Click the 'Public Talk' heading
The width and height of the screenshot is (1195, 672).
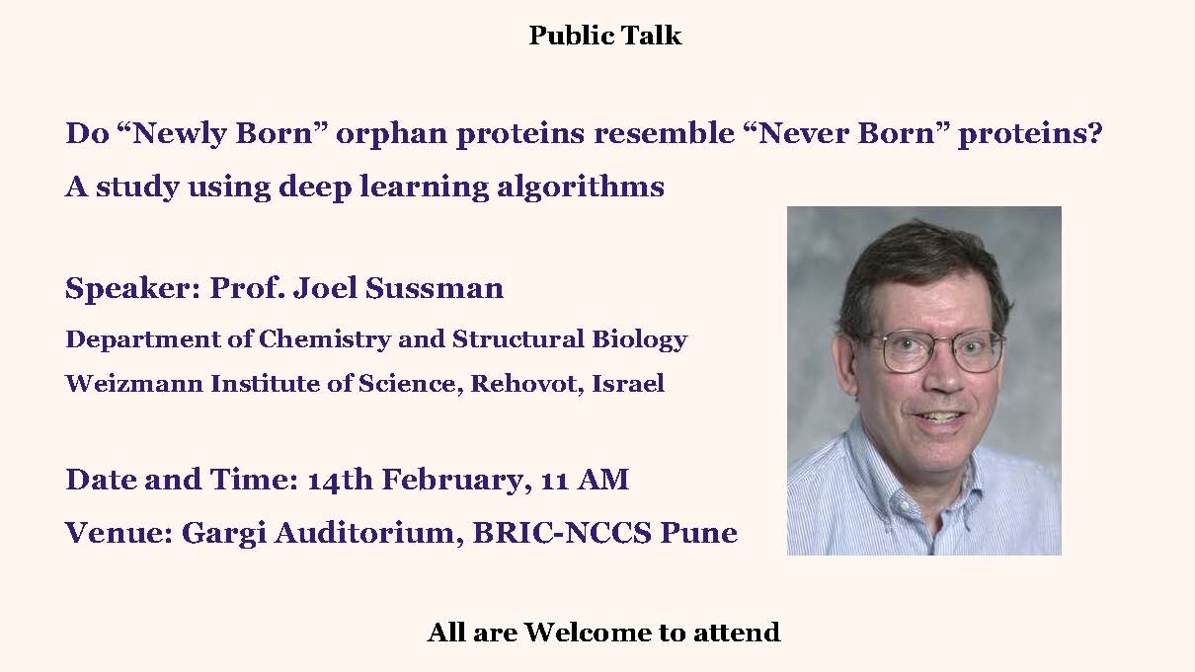605,36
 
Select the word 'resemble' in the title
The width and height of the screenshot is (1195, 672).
665,132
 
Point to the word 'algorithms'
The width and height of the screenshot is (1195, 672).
581,187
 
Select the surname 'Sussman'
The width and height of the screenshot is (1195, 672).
435,288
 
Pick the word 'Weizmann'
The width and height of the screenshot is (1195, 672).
134,384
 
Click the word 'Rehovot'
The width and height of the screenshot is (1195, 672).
527,384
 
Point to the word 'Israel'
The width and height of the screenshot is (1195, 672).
628,384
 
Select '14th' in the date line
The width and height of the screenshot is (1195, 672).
340,480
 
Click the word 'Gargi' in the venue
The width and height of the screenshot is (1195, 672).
223,534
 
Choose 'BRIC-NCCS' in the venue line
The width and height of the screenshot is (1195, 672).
562,533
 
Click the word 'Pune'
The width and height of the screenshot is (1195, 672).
699,533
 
